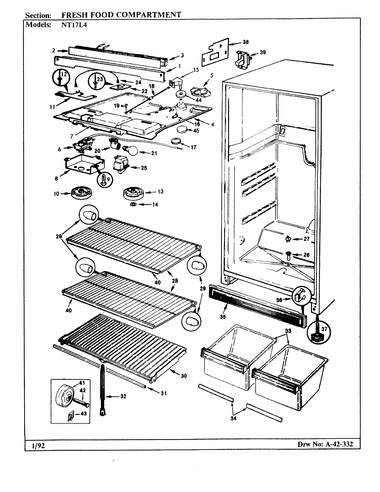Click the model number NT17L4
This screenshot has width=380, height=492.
click(x=72, y=25)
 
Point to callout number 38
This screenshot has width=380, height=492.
click(x=245, y=42)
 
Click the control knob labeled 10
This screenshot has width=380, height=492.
click(x=81, y=193)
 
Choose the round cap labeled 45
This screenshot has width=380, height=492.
click(x=183, y=130)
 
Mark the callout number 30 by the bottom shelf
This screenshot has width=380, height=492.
click(x=184, y=376)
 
